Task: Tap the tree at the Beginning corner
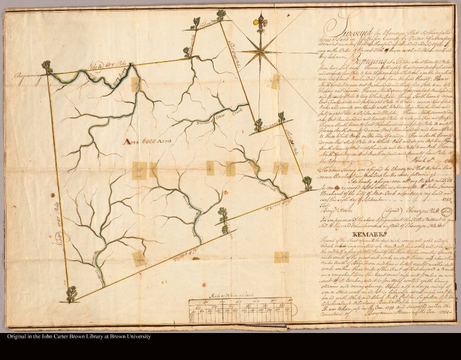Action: pos(46,66)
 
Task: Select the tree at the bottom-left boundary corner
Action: pos(71,294)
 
